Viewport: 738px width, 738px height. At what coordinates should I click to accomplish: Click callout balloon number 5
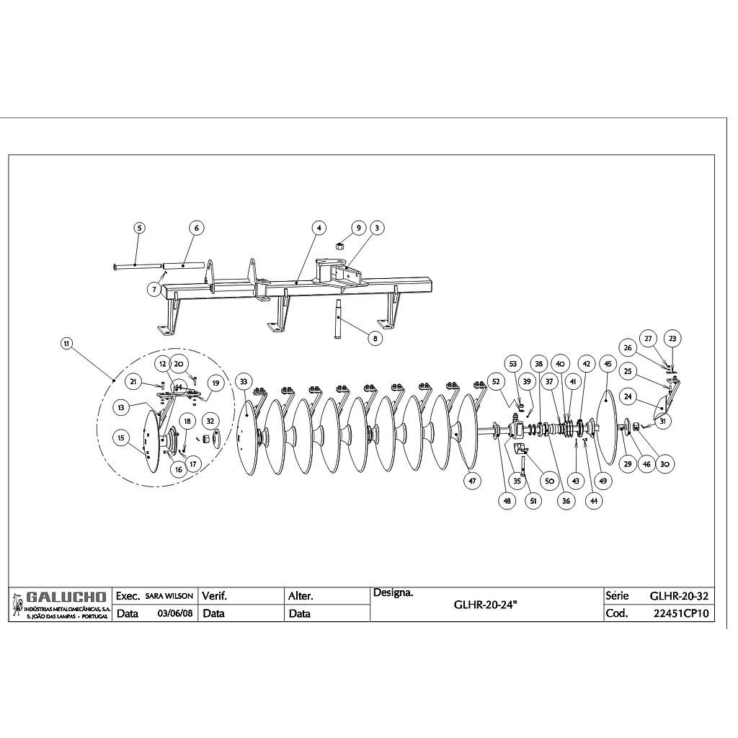(x=140, y=227)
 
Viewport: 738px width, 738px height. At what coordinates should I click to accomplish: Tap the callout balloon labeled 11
(x=66, y=344)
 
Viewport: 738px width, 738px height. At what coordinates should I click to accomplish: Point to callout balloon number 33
(x=244, y=381)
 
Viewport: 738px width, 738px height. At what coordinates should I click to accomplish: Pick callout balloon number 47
(x=471, y=481)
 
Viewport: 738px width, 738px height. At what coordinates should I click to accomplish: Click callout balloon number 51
(x=533, y=501)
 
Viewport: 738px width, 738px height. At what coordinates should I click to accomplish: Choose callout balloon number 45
(x=607, y=364)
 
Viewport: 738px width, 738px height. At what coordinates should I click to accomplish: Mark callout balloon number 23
(x=672, y=338)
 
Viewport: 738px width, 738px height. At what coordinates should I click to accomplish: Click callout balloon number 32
(x=210, y=420)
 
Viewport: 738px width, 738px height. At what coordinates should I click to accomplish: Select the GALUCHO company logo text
(x=66, y=597)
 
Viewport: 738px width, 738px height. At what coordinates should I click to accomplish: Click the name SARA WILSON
(x=169, y=597)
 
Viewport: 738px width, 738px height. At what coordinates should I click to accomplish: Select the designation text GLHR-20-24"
(x=486, y=606)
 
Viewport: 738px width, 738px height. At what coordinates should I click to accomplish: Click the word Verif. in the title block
(x=215, y=597)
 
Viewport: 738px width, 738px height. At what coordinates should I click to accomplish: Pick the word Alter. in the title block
(x=300, y=597)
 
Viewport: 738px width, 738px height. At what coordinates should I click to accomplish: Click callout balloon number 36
(x=567, y=501)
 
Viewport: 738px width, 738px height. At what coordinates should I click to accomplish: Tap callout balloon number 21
(x=133, y=381)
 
